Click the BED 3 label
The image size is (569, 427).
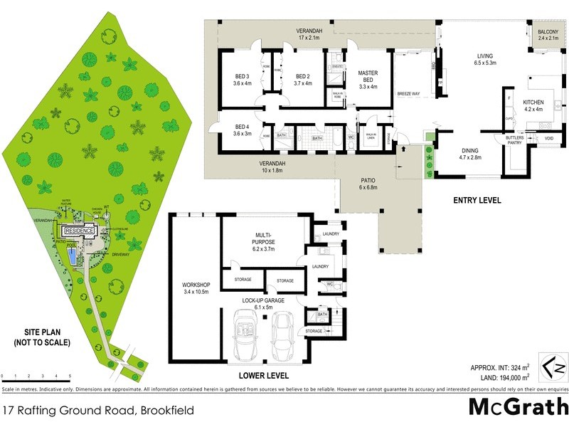(243, 80)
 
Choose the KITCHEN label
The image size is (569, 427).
(533, 105)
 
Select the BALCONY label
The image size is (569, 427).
(548, 36)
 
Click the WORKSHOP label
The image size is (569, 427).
(193, 288)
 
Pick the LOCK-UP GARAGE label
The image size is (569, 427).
(264, 303)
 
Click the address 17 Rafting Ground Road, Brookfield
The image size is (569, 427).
(99, 409)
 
